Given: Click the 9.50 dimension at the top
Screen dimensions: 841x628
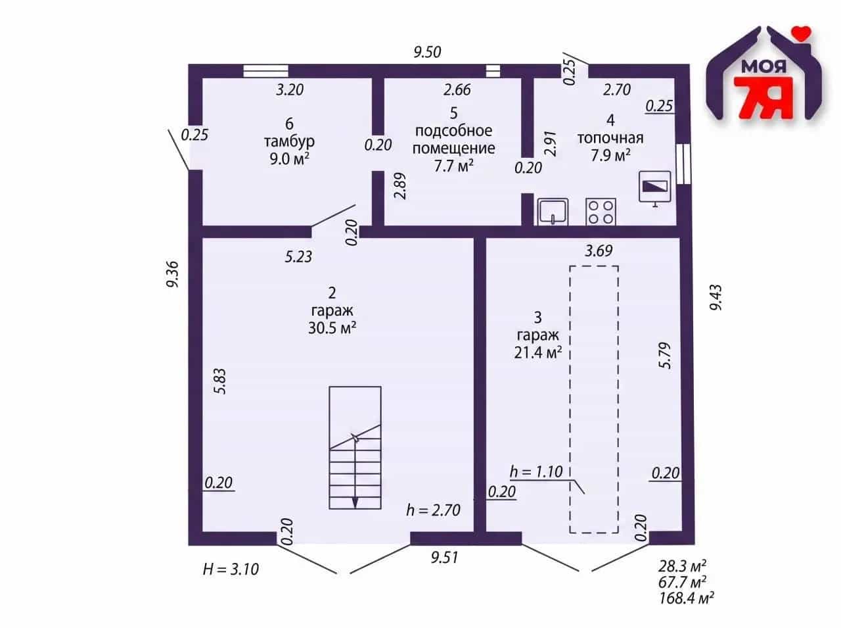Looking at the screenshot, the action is [427, 52].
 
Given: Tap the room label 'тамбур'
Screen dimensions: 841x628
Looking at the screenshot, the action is [289, 142].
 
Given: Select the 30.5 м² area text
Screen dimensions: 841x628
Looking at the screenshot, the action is [332, 327].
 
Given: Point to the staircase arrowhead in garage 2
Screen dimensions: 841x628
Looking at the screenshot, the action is [355, 502].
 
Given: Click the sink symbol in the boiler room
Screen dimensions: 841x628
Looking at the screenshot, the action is [553, 212].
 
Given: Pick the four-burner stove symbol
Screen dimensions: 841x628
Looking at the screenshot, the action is [601, 212].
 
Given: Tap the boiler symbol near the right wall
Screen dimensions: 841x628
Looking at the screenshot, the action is [655, 188].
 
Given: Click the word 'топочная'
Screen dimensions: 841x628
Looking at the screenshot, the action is [610, 138].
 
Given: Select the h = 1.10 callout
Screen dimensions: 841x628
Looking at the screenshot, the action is [536, 472].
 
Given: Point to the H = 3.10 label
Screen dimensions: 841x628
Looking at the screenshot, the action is [231, 569].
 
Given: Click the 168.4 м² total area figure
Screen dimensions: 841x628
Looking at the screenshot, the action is [686, 598].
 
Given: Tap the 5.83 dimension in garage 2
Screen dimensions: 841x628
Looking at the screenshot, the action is [221, 381].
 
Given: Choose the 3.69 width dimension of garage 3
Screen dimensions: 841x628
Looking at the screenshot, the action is [599, 251].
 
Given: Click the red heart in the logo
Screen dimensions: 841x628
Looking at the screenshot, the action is [802, 33].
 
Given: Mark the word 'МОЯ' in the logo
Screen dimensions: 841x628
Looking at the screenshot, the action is [763, 68].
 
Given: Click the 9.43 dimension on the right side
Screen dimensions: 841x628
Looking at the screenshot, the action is [716, 297].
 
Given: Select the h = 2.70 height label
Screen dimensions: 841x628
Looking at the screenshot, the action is [434, 510].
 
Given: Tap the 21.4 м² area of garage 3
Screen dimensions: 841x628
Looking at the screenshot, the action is [538, 352].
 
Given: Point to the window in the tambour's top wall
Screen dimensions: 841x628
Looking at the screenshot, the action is [266, 71].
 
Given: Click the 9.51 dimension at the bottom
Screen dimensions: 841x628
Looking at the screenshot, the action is [444, 558].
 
